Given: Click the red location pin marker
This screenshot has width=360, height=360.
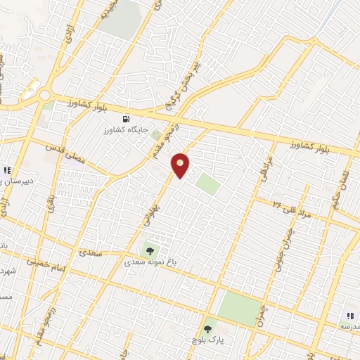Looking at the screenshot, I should click(181, 165).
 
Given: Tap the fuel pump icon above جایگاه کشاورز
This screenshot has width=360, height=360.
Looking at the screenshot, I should click(127, 118).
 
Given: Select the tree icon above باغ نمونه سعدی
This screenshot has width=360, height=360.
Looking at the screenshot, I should click(149, 250).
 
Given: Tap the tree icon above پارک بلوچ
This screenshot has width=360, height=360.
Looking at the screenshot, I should click(207, 328).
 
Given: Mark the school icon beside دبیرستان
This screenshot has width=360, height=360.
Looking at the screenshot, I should click(7, 169).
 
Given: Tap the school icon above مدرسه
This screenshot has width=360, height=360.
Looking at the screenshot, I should click(349, 316).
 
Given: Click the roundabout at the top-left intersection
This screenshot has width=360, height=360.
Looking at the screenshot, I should click(44, 95).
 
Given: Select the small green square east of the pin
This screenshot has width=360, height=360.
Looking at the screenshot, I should click(207, 184).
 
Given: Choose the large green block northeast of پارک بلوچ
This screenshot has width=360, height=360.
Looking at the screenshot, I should click(239, 307).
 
